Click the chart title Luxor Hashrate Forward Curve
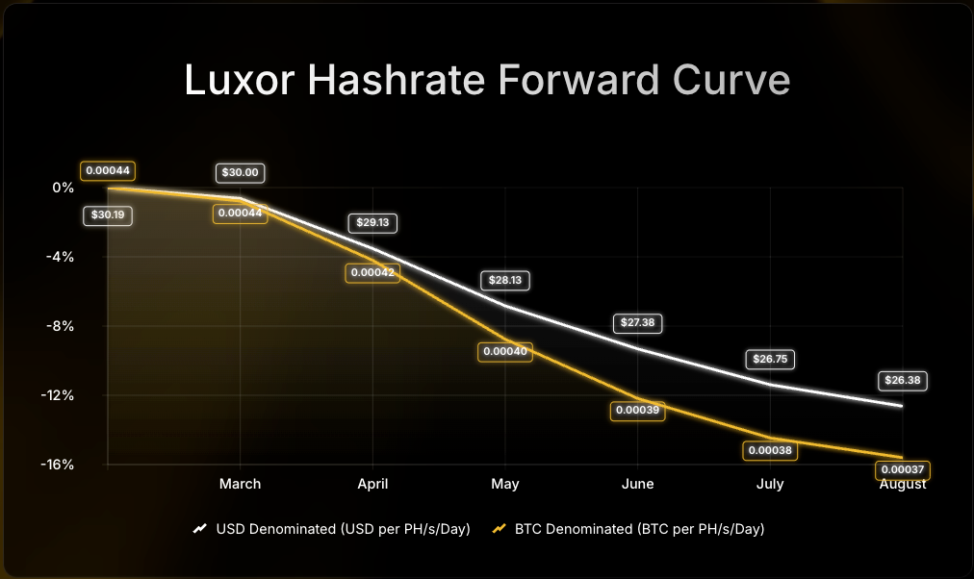click(486, 81)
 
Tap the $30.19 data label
click(108, 215)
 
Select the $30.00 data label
click(240, 173)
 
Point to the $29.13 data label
click(372, 222)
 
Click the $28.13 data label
click(505, 281)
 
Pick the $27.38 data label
click(638, 322)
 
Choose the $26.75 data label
click(770, 360)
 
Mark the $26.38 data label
click(902, 380)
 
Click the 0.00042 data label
click(372, 273)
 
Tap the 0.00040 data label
click(505, 352)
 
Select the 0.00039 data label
click(638, 410)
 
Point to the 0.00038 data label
click(770, 449)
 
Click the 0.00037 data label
click(902, 469)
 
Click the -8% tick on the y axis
click(61, 326)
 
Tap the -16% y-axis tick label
click(58, 465)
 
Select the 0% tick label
click(64, 188)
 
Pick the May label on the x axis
click(505, 484)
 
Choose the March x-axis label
click(240, 484)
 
